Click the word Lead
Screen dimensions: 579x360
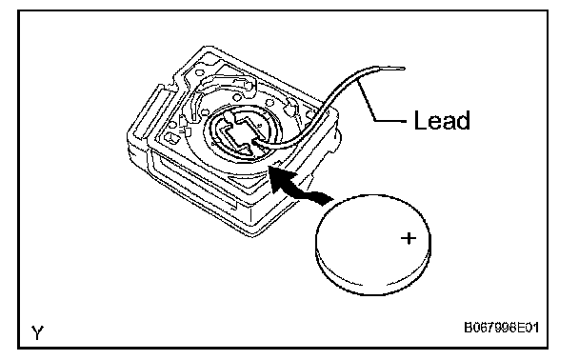(442, 120)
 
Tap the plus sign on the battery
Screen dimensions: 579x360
(409, 238)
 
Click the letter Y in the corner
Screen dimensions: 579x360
(38, 332)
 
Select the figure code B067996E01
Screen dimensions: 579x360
(501, 328)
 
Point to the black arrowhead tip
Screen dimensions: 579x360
(271, 167)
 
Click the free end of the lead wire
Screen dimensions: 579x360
(404, 69)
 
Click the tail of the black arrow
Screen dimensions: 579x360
(327, 199)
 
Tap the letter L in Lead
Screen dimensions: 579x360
(419, 120)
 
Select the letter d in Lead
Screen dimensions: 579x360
(464, 120)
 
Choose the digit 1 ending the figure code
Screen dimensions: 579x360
(535, 328)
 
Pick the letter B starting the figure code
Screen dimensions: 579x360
(468, 328)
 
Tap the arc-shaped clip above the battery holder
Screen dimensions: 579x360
(226, 82)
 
